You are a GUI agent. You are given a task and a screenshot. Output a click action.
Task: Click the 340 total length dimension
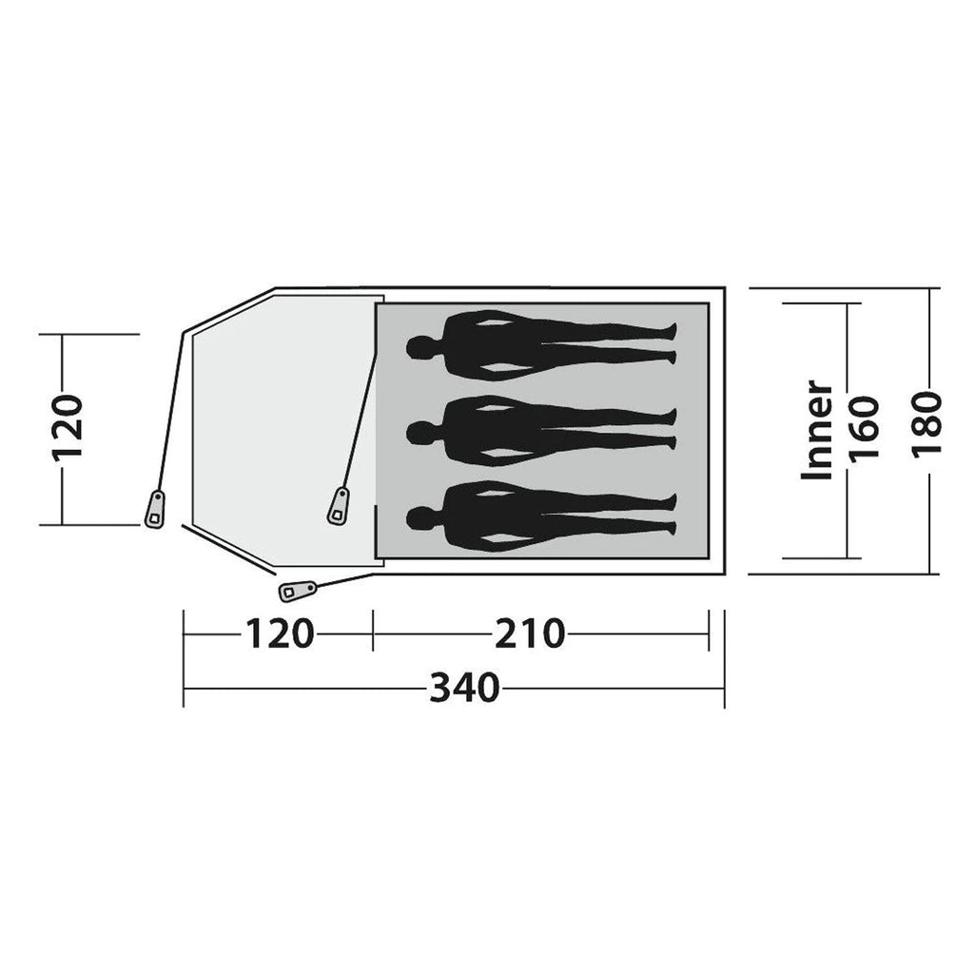point(464,688)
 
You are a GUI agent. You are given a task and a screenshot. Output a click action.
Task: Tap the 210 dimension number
point(530,634)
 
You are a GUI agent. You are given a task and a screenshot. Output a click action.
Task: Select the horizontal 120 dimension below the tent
point(280,634)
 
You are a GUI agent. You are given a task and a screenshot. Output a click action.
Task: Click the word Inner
point(817,431)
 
